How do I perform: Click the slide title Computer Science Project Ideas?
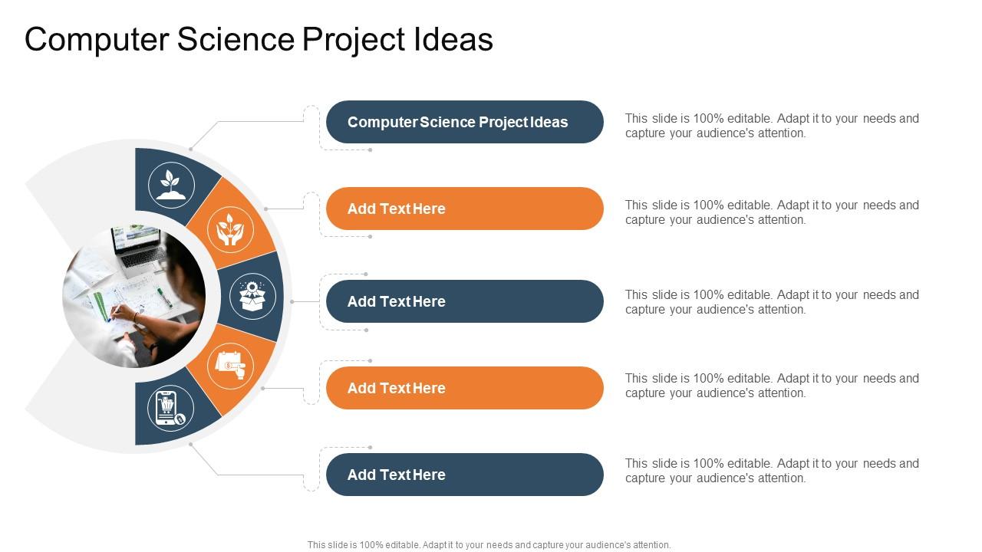pos(259,39)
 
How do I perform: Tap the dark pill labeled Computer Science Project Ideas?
pos(465,122)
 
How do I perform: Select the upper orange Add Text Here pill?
pos(465,209)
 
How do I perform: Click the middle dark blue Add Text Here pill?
pos(465,301)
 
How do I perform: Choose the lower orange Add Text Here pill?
pos(465,388)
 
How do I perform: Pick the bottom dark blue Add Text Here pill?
pos(465,475)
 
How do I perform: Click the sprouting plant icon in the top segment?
pos(171,185)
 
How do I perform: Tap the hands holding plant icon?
pos(230,229)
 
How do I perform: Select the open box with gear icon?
pos(252,296)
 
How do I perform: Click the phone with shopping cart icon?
pos(169,409)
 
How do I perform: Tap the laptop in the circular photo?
pos(138,250)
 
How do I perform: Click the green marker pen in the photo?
pos(165,297)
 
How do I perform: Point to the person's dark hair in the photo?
pos(184,271)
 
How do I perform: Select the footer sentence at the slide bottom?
pos(489,545)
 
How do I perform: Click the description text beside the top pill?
pos(772,126)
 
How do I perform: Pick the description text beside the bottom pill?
pos(772,471)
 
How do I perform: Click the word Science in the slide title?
pos(236,39)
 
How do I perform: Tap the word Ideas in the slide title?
pos(453,39)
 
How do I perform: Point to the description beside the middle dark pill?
pos(772,302)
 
